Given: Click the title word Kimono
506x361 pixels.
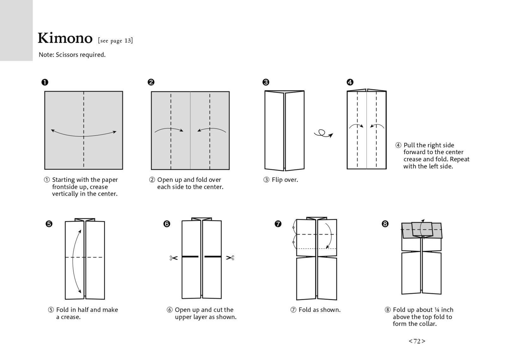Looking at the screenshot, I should (x=65, y=38).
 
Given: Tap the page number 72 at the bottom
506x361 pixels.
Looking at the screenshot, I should (x=417, y=341).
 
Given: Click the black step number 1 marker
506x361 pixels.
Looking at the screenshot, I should (x=45, y=82).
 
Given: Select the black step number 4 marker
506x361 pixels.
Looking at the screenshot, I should (x=350, y=82).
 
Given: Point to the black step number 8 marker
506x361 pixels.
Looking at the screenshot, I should (x=385, y=224).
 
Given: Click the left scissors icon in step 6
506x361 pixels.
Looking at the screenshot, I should (x=173, y=258).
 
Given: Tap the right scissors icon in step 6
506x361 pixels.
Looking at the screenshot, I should (x=230, y=258).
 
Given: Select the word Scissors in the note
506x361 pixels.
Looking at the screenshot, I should (x=67, y=55).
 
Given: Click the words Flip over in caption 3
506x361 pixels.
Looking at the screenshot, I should (x=285, y=180).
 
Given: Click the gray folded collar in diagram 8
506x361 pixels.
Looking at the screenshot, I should (x=422, y=230).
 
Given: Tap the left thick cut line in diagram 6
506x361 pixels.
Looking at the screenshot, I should (x=190, y=257).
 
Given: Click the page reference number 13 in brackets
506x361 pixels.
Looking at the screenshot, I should (x=127, y=40).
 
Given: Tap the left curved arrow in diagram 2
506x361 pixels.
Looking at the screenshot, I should (x=169, y=129).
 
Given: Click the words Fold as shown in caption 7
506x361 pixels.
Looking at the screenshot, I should (x=319, y=310).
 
